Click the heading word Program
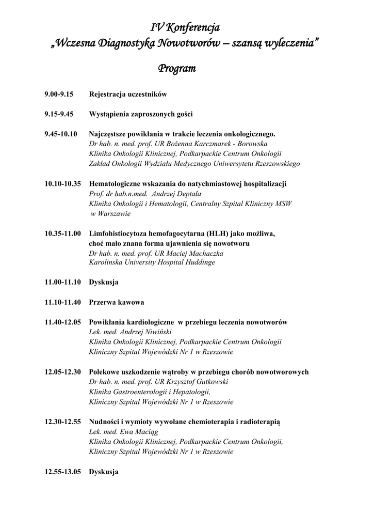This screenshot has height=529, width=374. coord(177,68)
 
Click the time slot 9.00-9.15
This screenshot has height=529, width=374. coord(59,95)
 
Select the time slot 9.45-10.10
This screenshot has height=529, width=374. coord(61,134)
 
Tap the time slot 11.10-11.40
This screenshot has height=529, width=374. coord(62,302)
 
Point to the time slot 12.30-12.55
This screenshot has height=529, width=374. coord(62,422)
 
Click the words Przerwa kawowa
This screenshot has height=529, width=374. coord(117,302)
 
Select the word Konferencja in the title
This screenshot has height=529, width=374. coord(193,26)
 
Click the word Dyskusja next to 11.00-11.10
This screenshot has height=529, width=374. coord(104,283)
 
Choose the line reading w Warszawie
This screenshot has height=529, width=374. coord(110,213)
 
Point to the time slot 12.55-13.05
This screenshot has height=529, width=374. coord(62,472)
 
